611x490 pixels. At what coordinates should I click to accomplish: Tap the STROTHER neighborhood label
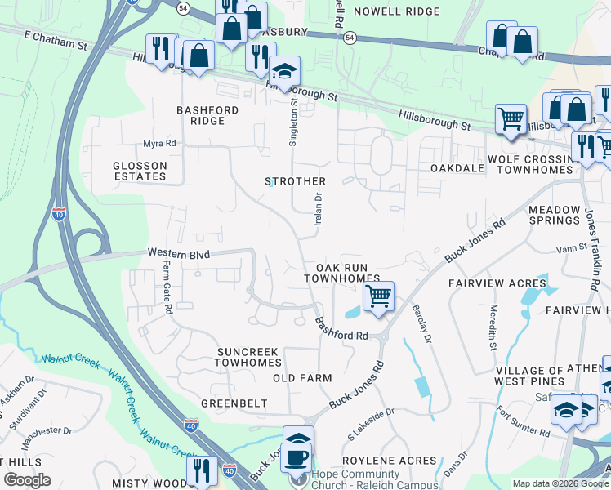point(295,181)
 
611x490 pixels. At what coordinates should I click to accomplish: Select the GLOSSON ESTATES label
point(140,171)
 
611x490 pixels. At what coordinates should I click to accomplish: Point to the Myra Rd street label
point(160,144)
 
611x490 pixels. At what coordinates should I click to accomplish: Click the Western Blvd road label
point(179,255)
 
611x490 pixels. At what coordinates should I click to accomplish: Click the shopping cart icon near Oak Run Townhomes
point(378,296)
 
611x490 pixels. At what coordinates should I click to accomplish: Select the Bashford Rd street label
point(343,329)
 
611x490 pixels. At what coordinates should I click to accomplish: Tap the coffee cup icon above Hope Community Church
point(296,457)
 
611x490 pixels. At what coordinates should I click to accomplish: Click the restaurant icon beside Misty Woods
point(199,470)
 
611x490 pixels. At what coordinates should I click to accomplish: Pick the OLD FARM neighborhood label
point(302,378)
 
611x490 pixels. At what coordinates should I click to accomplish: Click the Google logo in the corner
point(27,480)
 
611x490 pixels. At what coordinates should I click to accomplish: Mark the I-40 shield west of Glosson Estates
point(59,215)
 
